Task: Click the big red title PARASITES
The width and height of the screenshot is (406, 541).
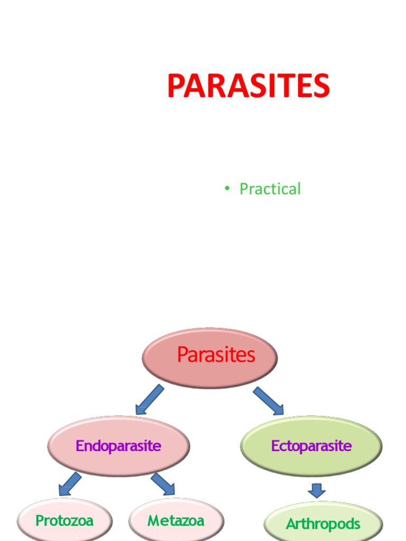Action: tap(248, 86)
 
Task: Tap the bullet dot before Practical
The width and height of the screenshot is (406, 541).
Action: tap(227, 189)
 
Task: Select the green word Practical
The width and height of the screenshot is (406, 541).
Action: tap(270, 189)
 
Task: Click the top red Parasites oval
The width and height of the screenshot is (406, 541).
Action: tap(210, 357)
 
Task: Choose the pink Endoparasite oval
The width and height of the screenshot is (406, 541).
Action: tap(118, 446)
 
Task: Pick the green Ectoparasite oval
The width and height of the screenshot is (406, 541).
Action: tap(311, 446)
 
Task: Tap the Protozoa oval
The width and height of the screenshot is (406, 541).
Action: tap(64, 521)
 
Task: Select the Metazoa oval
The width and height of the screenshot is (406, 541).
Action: tap(176, 521)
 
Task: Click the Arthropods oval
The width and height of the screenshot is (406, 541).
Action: tap(323, 524)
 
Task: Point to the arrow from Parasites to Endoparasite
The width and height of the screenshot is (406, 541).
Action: tap(149, 399)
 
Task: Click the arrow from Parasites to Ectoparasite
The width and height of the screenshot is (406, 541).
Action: tap(269, 400)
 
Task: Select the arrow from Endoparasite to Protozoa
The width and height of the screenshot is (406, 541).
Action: tap(70, 484)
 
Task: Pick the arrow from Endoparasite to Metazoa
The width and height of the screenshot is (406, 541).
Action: tap(163, 484)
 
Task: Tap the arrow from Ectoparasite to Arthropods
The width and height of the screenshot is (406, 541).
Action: tap(317, 490)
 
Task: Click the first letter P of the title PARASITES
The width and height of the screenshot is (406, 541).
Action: tap(176, 86)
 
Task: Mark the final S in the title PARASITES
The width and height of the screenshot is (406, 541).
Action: tap(320, 86)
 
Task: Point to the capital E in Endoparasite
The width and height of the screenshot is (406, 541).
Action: tap(80, 446)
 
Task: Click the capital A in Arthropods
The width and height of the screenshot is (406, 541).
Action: tap(290, 524)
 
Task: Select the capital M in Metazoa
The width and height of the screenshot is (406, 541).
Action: tap(153, 521)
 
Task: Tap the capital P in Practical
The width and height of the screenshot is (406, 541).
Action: tap(244, 189)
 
